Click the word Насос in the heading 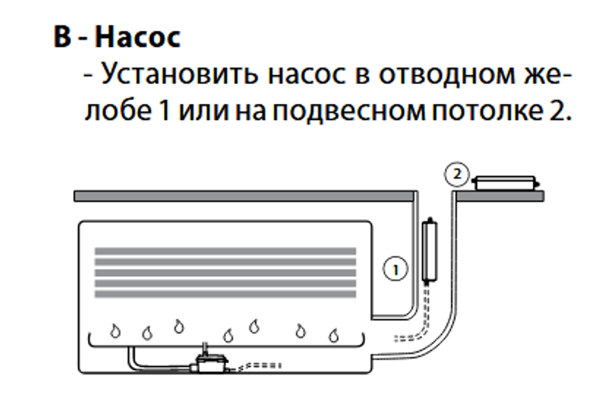(x=138, y=37)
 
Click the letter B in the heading (x=62, y=37)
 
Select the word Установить (x=179, y=73)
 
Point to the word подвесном (x=350, y=111)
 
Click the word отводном (x=447, y=75)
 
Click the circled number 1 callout (x=395, y=269)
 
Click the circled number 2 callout (x=457, y=174)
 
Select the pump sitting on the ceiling (x=506, y=183)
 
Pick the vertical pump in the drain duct (x=430, y=251)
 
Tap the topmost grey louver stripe (x=225, y=251)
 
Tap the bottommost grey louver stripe (x=225, y=294)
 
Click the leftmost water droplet (x=115, y=331)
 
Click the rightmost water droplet (x=333, y=335)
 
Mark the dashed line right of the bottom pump (x=256, y=366)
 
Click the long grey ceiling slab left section (x=244, y=196)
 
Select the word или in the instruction (x=204, y=111)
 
